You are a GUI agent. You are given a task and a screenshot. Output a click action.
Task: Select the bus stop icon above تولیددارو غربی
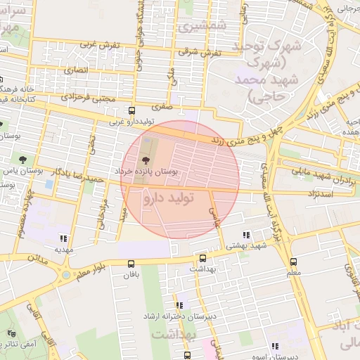click(131, 110)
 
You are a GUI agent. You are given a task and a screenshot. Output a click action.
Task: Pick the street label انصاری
click(76, 71)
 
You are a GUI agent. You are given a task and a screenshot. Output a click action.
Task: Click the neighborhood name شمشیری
click(193, 27)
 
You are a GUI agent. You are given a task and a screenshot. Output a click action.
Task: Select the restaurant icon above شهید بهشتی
click(245, 235)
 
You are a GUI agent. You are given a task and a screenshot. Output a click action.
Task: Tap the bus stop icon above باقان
click(131, 264)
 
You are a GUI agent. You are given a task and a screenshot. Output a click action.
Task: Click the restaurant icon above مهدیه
click(64, 238)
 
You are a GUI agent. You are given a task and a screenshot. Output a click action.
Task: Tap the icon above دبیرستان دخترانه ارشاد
click(180, 305)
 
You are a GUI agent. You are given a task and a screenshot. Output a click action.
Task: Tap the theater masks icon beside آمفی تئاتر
click(11, 334)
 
